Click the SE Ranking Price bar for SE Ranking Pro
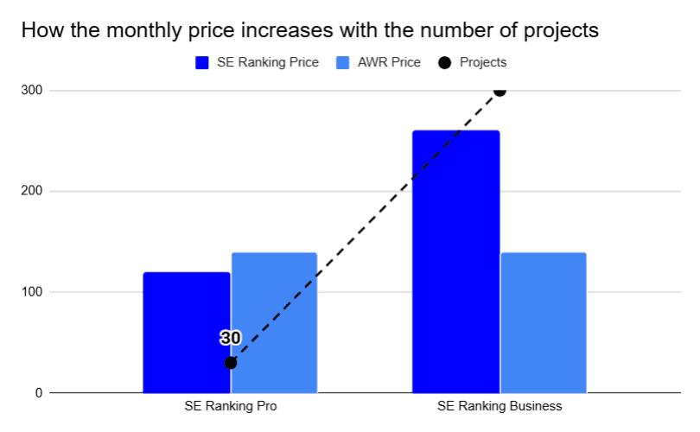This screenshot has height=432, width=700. tap(187, 333)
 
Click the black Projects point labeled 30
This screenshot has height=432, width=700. tap(231, 363)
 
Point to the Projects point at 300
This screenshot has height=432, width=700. tap(500, 90)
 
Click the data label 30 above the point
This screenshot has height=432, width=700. tap(230, 338)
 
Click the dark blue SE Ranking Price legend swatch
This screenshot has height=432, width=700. tap(202, 62)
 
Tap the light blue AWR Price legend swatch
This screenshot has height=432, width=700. tap(341, 62)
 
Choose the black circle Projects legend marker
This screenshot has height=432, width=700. tap(445, 62)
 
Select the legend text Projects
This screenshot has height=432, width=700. tap(483, 62)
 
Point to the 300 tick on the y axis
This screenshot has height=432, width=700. tap(32, 91)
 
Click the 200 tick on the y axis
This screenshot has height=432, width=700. tap(32, 191)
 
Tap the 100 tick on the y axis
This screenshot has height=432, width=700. tap(32, 292)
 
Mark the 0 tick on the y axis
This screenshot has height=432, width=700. tap(38, 393)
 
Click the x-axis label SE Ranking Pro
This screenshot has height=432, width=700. tap(231, 406)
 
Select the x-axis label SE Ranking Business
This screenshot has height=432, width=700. tap(500, 406)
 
